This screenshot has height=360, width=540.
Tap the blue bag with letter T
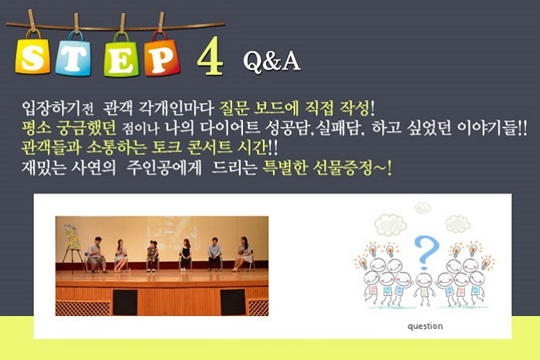tap(74, 54)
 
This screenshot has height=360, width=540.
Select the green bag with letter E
tap(121, 55)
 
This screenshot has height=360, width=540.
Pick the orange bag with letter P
tap(162, 54)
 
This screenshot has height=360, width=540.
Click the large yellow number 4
tap(210, 56)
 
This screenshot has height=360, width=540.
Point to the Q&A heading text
tap(272, 62)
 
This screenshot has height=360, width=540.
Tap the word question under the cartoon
tap(425, 326)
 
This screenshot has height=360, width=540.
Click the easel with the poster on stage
tap(72, 246)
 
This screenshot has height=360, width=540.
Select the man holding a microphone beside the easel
tap(96, 255)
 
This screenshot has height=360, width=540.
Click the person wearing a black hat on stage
tap(152, 256)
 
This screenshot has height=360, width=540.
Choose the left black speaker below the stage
tap(125, 302)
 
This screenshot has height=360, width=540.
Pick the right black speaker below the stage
tap(233, 302)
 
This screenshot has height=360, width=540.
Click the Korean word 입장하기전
tap(58, 109)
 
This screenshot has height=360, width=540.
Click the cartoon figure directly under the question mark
tap(424, 288)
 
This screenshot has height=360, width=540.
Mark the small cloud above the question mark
tap(423, 208)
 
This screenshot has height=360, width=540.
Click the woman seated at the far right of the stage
tap(244, 254)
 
